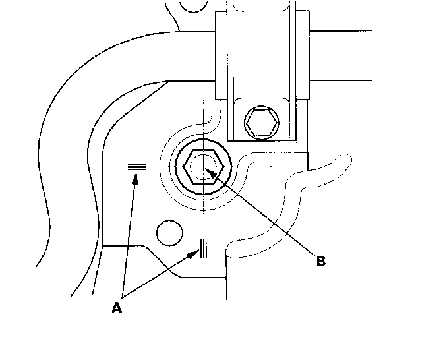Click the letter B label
pyautogui.click(x=320, y=261)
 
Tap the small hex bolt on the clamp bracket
pyautogui.click(x=261, y=121)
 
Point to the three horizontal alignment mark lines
pyautogui.click(x=136, y=168)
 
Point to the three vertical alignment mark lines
pyautogui.click(x=204, y=247)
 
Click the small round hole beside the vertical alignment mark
pyautogui.click(x=169, y=233)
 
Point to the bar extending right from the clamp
pyautogui.click(x=369, y=56)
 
